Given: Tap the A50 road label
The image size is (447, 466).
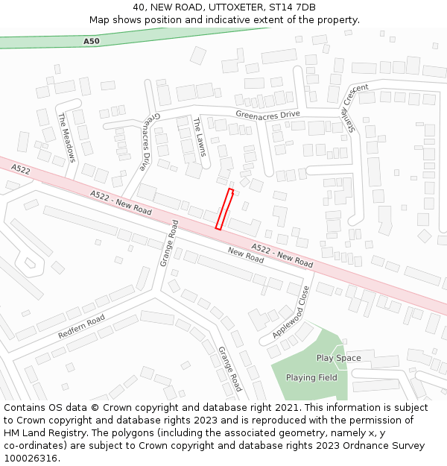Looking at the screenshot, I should pos(91,42).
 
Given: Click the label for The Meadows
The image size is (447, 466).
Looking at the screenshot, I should pos(67,138).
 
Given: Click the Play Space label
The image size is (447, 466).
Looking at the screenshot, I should pos(338,358).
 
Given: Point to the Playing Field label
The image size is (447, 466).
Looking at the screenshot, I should pos(311,377).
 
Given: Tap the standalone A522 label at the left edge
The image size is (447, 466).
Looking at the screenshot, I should pos(21,170).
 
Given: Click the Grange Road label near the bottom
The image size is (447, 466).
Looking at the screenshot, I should pos(230,368).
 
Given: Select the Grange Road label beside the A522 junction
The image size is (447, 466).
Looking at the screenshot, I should pos(169,243).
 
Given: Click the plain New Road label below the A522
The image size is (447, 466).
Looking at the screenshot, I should pos(246,256).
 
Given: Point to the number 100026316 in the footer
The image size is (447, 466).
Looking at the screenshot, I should pos(30,459).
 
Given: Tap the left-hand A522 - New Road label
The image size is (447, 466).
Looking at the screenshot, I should pos(121,203).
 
